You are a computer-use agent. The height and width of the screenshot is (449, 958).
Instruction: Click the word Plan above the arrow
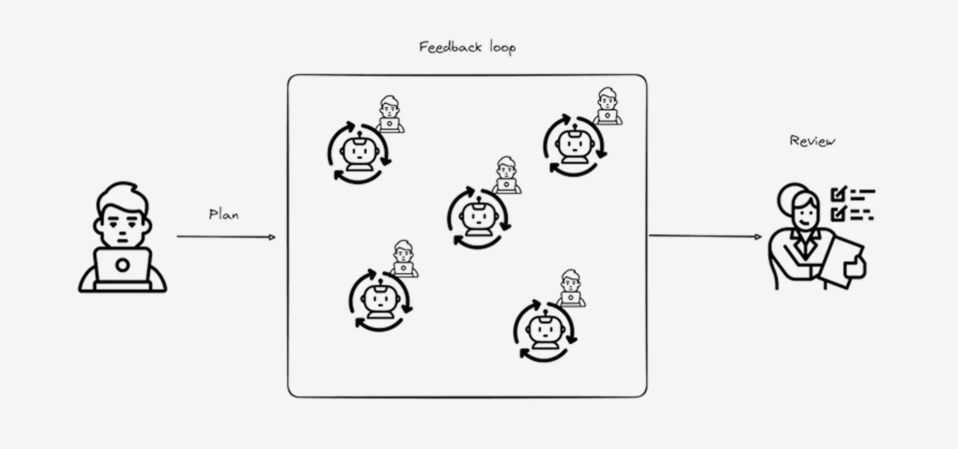coord(224,215)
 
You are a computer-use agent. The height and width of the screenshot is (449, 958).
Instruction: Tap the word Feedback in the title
coord(451,47)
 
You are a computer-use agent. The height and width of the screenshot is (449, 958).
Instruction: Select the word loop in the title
coord(502,47)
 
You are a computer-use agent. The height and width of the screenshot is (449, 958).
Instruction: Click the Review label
coord(812,141)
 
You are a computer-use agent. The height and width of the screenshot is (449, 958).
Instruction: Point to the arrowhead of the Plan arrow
coord(272,237)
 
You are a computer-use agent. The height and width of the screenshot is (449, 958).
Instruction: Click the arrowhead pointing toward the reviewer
coord(759,236)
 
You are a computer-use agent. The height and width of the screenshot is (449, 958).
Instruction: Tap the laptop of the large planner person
coord(123,267)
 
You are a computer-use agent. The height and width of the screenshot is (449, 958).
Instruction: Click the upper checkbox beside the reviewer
coord(839,193)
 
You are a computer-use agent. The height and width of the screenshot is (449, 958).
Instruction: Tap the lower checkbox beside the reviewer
coord(839,213)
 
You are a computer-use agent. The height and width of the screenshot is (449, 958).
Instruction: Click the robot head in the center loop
coord(478,216)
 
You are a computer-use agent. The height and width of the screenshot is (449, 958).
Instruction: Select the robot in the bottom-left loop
coord(380,299)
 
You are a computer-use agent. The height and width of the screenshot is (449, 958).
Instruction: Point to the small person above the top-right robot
coord(607,106)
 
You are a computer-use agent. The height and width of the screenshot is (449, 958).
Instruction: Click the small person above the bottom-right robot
coord(571,288)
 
